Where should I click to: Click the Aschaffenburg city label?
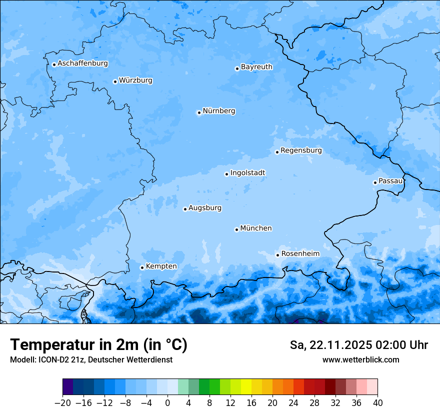coord(82,63)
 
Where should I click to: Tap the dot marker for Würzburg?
coord(115,81)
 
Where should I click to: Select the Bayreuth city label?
coord(256,67)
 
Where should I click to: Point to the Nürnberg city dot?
coord(199,112)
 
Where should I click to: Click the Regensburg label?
coord(301,150)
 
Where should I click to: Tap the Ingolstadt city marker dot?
coord(226,174)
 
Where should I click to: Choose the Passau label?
coord(390,181)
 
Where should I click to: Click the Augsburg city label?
coord(204,208)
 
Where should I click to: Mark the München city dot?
coord(236,229)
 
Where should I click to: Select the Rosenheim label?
coord(300,254)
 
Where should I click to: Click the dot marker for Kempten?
coord(142,267)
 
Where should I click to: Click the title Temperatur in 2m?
coord(98,345)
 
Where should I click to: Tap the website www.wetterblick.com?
coord(360,359)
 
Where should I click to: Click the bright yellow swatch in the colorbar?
coord(246,387)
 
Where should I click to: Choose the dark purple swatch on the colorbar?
coord(68,387)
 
